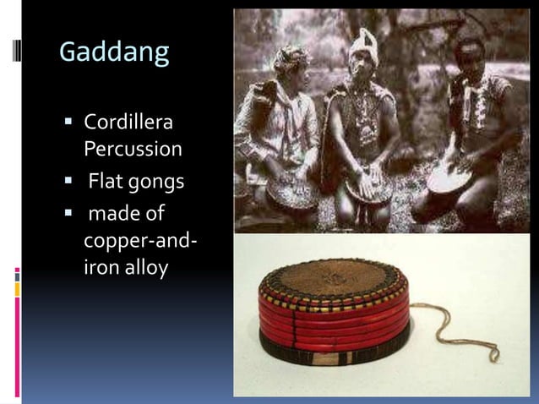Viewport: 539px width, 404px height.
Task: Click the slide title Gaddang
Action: click(x=114, y=53)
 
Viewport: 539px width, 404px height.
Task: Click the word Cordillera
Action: click(x=128, y=123)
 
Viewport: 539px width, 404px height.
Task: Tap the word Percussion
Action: click(x=133, y=149)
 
